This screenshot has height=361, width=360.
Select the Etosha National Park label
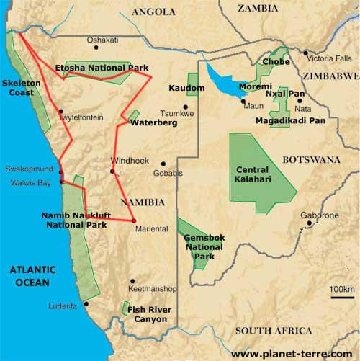click(x=102, y=68)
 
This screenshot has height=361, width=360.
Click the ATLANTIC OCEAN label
click(x=28, y=276)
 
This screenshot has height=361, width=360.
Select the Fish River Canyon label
click(x=152, y=313)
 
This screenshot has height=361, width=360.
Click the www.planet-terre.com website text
click(x=292, y=353)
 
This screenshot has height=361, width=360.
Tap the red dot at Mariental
click(x=134, y=220)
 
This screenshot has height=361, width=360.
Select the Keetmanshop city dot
click(x=132, y=281)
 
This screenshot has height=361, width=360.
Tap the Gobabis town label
click(x=168, y=173)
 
